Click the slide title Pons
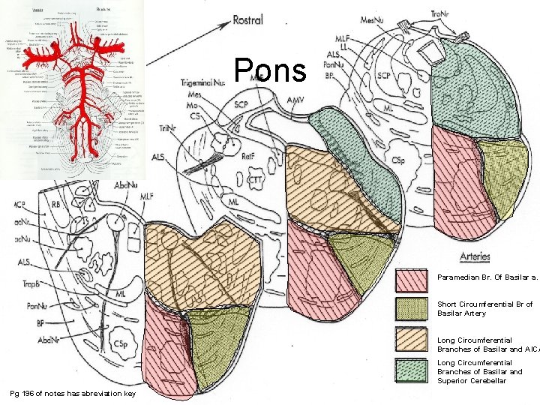click(270, 71)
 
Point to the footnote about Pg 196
click(72, 394)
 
